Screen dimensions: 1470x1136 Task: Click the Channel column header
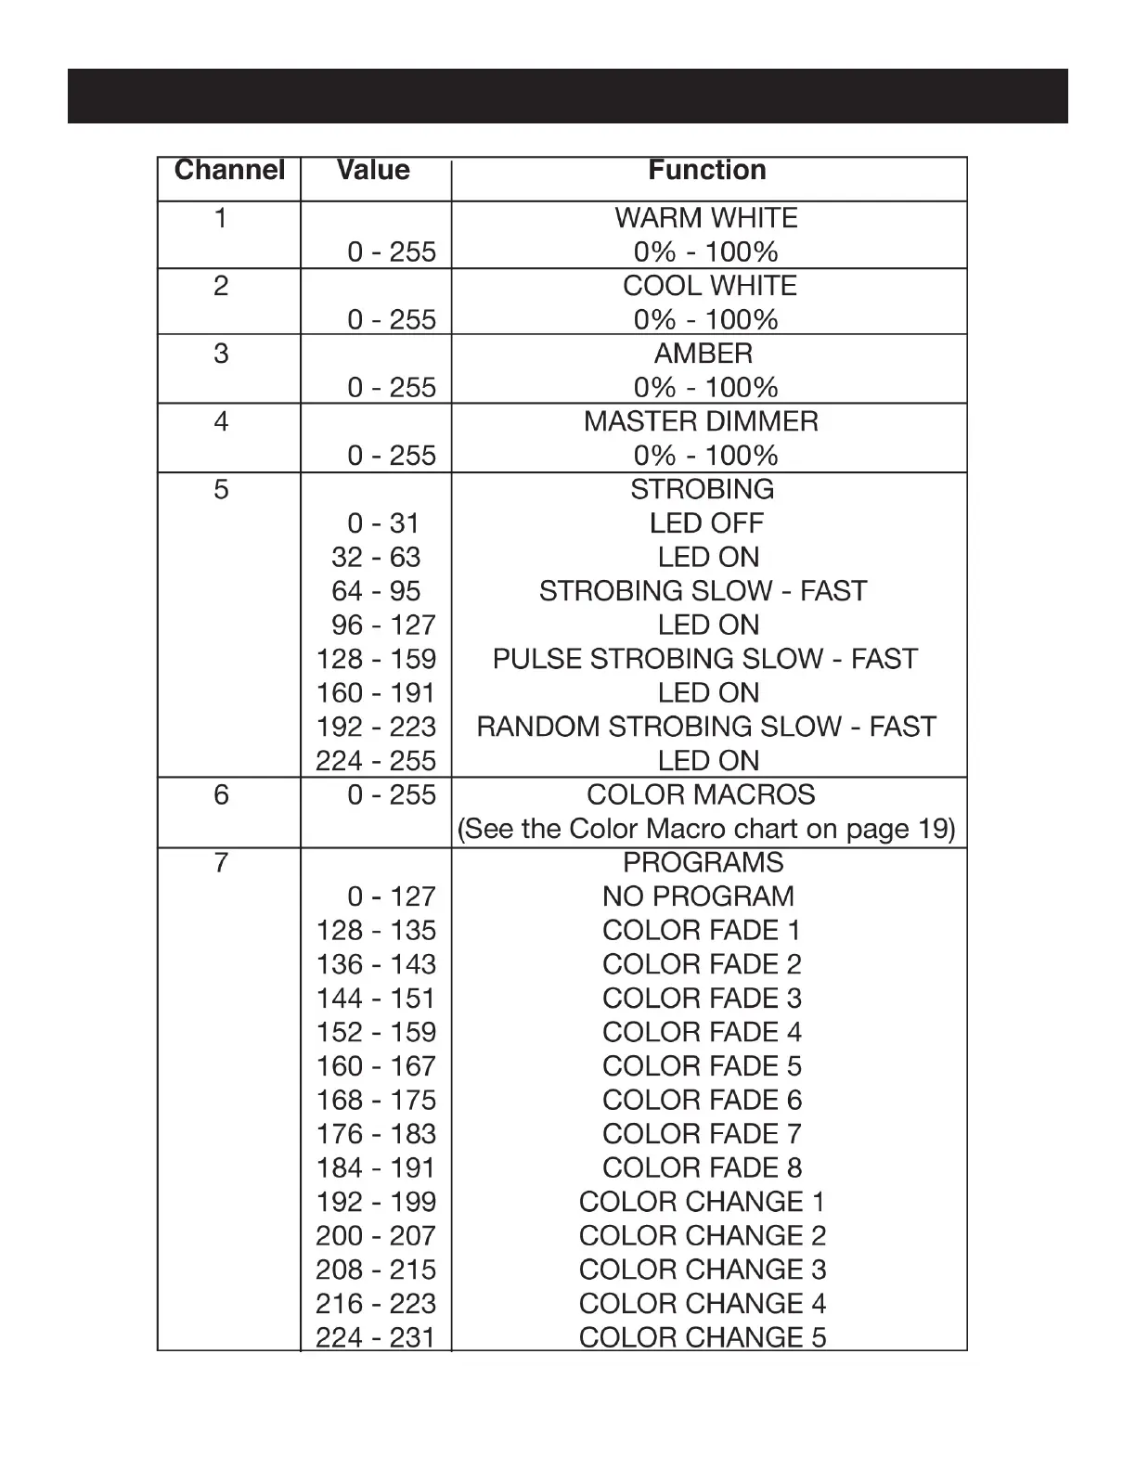coord(229,170)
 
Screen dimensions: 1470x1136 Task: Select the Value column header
coord(373,170)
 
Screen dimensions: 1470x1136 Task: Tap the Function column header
coord(707,170)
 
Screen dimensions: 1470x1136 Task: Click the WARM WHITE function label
coord(706,218)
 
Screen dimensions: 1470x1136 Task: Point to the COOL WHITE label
coord(710,286)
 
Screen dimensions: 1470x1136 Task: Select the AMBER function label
coord(704,354)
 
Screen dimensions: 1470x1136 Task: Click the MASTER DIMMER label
coord(701,421)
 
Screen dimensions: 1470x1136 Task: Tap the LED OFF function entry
coord(706,523)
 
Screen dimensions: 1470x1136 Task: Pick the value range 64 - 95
coord(376,591)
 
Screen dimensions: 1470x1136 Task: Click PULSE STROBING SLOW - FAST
coord(704,659)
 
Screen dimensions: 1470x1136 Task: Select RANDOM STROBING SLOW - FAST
coord(706,727)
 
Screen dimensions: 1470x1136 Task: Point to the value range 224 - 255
coord(376,761)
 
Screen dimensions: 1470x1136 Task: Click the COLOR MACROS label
coord(701,795)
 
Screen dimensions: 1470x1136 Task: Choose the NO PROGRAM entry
coord(698,896)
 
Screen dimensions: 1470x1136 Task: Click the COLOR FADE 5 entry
coord(702,1066)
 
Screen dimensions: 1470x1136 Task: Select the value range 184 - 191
coord(376,1168)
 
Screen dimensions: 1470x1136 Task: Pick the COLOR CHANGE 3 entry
coord(702,1270)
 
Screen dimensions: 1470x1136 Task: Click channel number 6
coord(221,795)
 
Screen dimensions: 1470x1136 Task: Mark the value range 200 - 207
coord(376,1236)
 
